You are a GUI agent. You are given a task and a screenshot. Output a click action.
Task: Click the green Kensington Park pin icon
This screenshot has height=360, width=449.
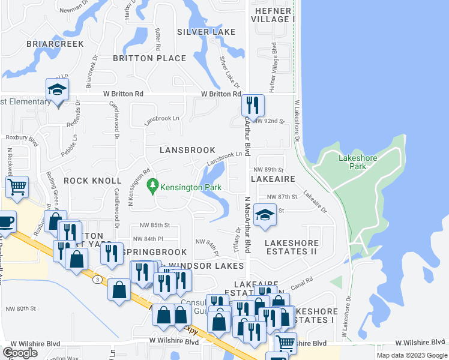click(x=152, y=187)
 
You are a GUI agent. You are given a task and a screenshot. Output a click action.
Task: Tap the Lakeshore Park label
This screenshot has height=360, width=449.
click(x=358, y=162)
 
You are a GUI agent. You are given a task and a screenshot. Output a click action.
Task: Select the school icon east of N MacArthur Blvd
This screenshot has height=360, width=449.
click(x=264, y=215)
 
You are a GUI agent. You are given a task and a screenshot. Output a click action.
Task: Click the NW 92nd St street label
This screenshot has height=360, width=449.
click(x=268, y=121)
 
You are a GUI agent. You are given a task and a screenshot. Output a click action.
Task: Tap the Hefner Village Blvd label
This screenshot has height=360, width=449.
click(x=275, y=61)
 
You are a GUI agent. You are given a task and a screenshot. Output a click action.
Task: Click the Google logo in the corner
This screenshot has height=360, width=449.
click(x=20, y=353)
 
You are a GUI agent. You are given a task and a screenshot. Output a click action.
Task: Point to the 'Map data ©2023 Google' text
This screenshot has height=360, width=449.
click(x=411, y=355)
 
